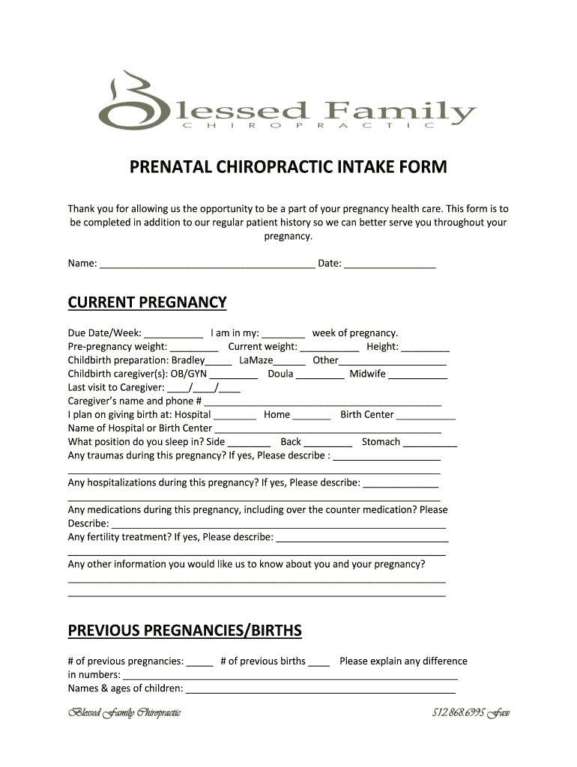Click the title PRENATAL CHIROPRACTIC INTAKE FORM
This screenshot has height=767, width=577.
[288, 167]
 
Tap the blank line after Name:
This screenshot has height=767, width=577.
[207, 263]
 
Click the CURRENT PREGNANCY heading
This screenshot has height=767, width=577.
[147, 303]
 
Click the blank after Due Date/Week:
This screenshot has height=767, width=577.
[173, 333]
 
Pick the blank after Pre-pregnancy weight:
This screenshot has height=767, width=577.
[194, 347]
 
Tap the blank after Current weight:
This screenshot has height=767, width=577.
[329, 347]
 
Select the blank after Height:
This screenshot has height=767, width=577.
[425, 347]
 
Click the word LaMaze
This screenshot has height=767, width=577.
[256, 360]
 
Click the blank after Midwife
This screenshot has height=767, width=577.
[418, 374]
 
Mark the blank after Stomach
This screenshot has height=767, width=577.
[430, 442]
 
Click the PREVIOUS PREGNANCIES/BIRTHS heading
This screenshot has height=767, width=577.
[184, 631]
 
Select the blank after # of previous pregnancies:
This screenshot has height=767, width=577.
[200, 661]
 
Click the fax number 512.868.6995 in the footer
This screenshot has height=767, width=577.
[458, 712]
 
